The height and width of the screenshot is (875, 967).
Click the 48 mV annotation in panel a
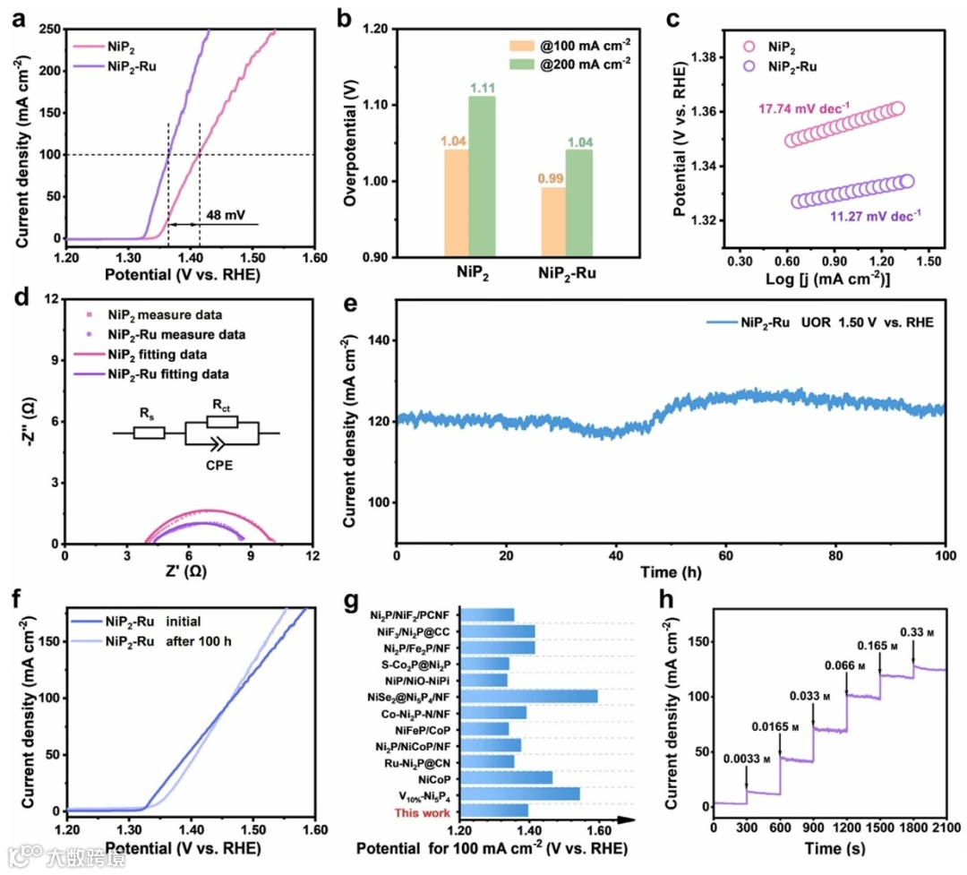[223, 216]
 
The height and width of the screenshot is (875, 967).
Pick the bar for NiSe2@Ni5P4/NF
[527, 696]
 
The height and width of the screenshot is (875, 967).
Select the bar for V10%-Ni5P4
[518, 794]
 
